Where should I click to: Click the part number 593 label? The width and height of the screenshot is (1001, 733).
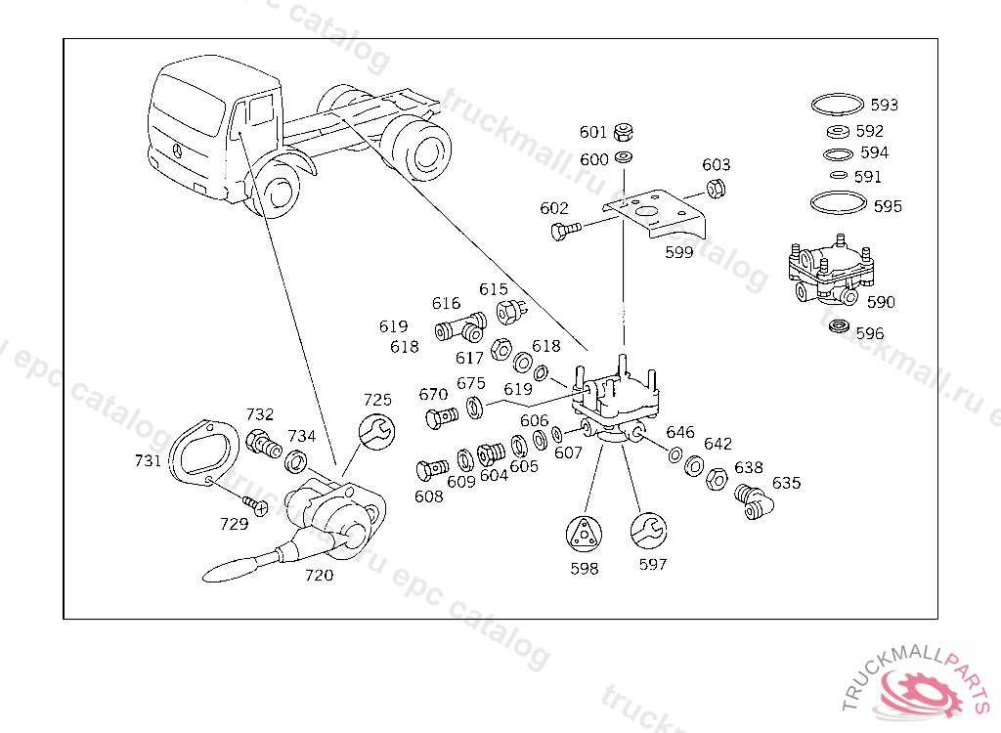coord(884,105)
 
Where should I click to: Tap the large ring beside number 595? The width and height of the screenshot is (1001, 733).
coord(838,203)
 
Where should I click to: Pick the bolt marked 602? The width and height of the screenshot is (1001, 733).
coord(564,232)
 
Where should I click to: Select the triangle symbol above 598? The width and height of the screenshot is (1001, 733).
coord(585,534)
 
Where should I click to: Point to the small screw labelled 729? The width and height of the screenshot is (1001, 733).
coord(258,506)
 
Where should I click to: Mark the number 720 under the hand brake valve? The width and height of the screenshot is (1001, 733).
coord(319,575)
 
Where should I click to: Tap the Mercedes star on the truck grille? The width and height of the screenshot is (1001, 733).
coord(178,151)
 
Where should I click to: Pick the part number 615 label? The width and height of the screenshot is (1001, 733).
coord(494,289)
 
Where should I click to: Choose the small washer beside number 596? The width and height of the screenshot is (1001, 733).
coord(838,326)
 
